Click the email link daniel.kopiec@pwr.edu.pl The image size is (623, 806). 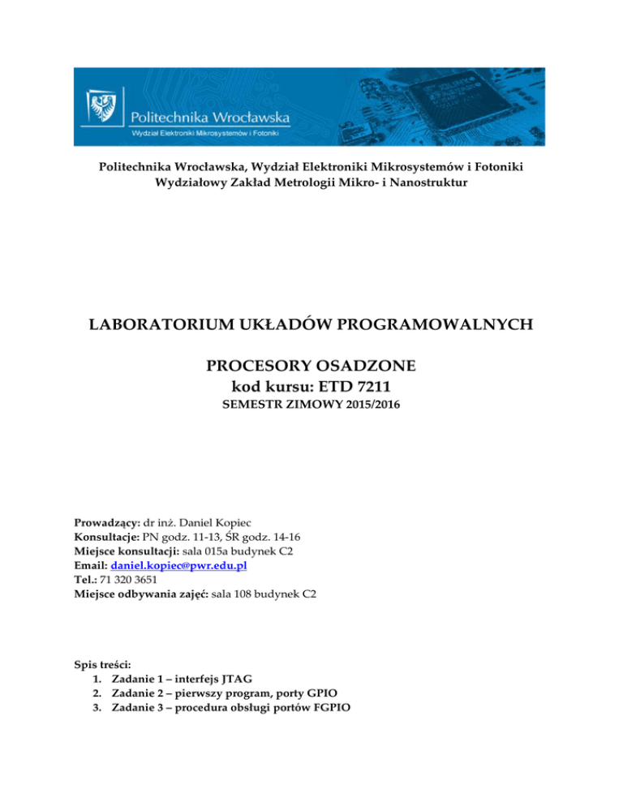pyautogui.click(x=177, y=565)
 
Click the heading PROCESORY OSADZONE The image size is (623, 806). pyautogui.click(x=311, y=367)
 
